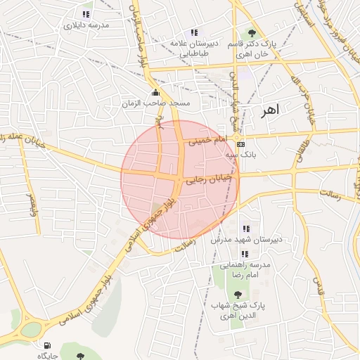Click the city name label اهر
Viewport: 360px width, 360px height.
(270, 110)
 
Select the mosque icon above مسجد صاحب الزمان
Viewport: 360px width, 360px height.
(155, 93)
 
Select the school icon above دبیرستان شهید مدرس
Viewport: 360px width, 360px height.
(245, 229)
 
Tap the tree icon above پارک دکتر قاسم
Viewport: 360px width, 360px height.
(252, 33)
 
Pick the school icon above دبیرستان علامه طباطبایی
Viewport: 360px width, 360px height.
(194, 32)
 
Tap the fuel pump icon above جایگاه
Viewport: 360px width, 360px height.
(47, 345)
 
